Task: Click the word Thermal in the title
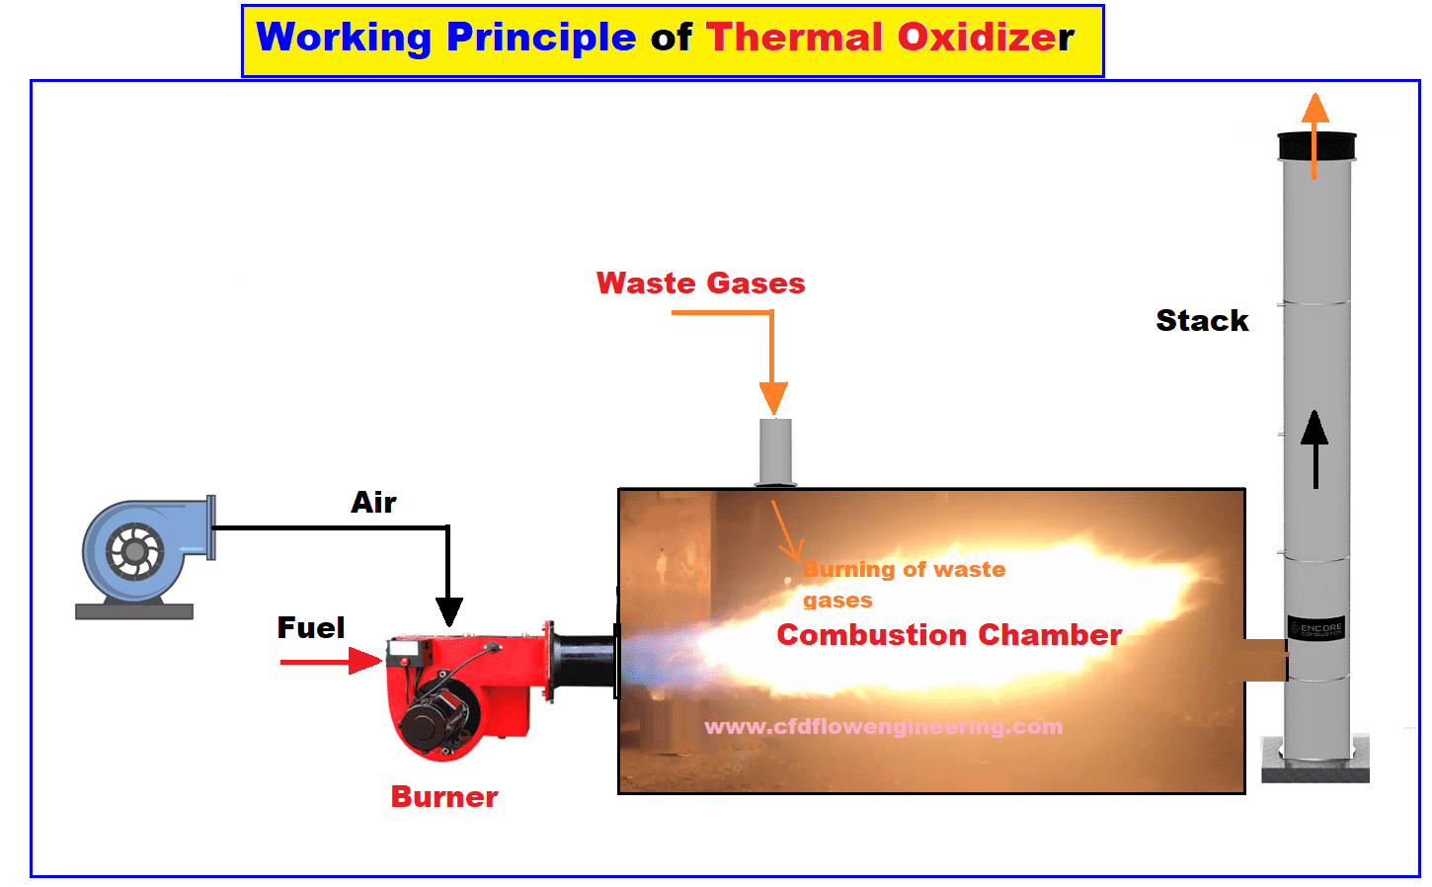pyautogui.click(x=795, y=38)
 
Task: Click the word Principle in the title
pyautogui.click(x=541, y=39)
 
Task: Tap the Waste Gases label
pyautogui.click(x=700, y=282)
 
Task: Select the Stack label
pyautogui.click(x=1202, y=320)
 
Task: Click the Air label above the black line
pyautogui.click(x=373, y=503)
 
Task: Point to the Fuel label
pyautogui.click(x=311, y=627)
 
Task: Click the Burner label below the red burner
pyautogui.click(x=444, y=797)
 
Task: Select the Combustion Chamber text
pyautogui.click(x=949, y=635)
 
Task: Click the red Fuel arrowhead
pyautogui.click(x=365, y=661)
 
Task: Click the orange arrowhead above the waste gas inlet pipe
pyautogui.click(x=773, y=398)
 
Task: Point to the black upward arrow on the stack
pyautogui.click(x=1315, y=449)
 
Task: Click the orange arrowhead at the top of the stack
pyautogui.click(x=1315, y=108)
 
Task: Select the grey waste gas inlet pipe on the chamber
pyautogui.click(x=775, y=452)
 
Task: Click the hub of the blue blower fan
pyautogui.click(x=134, y=551)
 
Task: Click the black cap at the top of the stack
pyautogui.click(x=1316, y=146)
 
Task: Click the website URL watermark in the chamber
pyautogui.click(x=884, y=727)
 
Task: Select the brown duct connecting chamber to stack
pyautogui.click(x=1266, y=660)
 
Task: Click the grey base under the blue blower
pyautogui.click(x=134, y=611)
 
